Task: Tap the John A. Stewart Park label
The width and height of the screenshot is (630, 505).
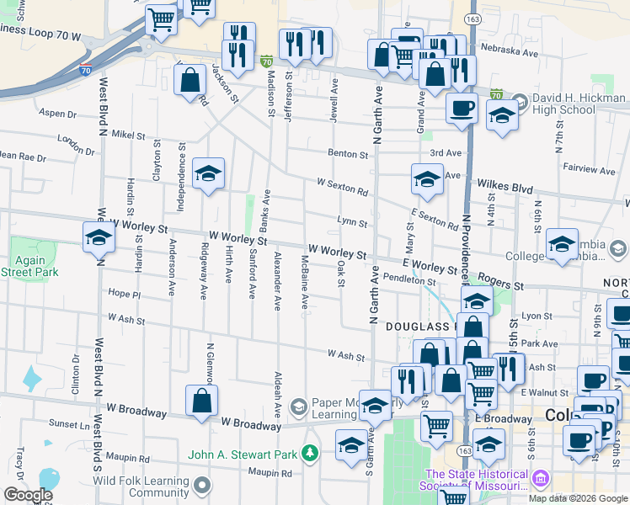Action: tap(243, 454)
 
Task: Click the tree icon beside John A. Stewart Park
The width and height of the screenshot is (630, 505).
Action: tap(311, 454)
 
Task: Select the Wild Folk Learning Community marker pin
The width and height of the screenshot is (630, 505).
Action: tap(202, 485)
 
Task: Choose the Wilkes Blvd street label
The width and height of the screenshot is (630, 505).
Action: tap(505, 183)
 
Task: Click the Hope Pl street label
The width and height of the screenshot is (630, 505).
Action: tap(124, 293)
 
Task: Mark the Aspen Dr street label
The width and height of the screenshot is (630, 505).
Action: tap(57, 113)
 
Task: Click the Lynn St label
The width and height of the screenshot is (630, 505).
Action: tap(351, 223)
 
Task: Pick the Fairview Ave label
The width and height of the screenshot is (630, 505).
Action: tap(595, 168)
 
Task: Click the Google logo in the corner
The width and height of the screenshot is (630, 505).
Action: tap(28, 495)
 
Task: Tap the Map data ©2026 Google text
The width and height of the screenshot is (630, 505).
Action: tap(578, 498)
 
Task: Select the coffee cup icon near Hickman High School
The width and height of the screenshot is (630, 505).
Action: tap(462, 108)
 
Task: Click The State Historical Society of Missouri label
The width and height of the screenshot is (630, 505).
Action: tap(478, 480)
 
